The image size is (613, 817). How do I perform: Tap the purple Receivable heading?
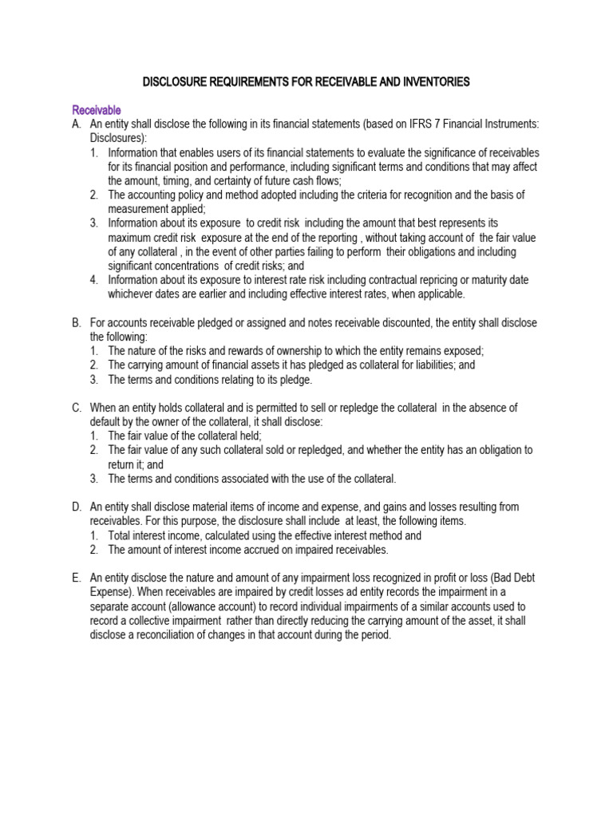[97, 109]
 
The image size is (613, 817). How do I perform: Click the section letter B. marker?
[77, 322]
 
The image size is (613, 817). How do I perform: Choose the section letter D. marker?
[77, 507]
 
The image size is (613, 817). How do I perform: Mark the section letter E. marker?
[77, 578]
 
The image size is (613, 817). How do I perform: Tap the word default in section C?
[108, 421]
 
